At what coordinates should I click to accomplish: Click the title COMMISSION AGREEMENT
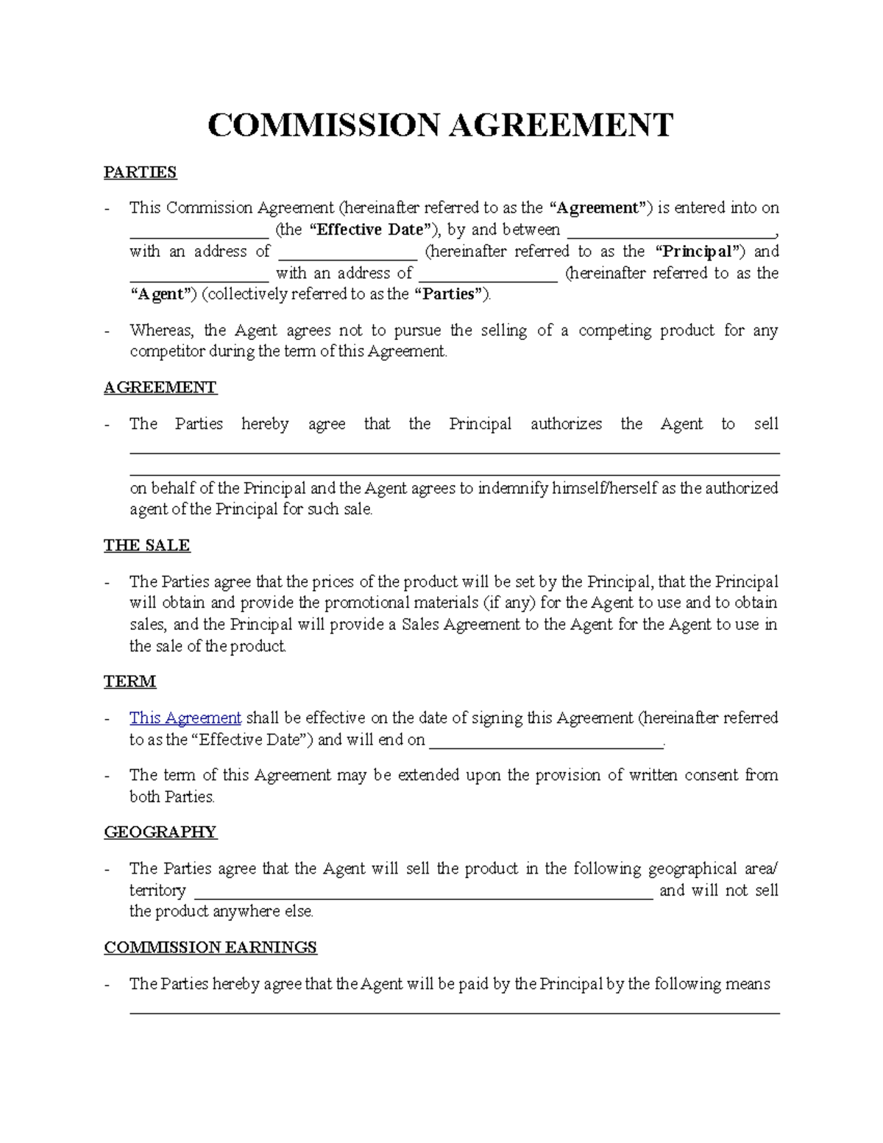pyautogui.click(x=440, y=126)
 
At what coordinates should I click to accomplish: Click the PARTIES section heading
pyautogui.click(x=140, y=172)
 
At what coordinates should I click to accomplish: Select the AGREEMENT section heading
pyautogui.click(x=160, y=388)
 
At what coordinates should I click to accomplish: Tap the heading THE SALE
pyautogui.click(x=146, y=545)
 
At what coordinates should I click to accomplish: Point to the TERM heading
pyautogui.click(x=130, y=682)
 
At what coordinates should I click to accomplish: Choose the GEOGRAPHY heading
pyautogui.click(x=160, y=832)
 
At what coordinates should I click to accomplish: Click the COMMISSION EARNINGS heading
pyautogui.click(x=210, y=947)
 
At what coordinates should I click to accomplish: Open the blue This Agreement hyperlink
pyautogui.click(x=185, y=718)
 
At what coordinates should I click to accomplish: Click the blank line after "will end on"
pyautogui.click(x=545, y=745)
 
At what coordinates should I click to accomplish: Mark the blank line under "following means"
pyautogui.click(x=454, y=1012)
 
